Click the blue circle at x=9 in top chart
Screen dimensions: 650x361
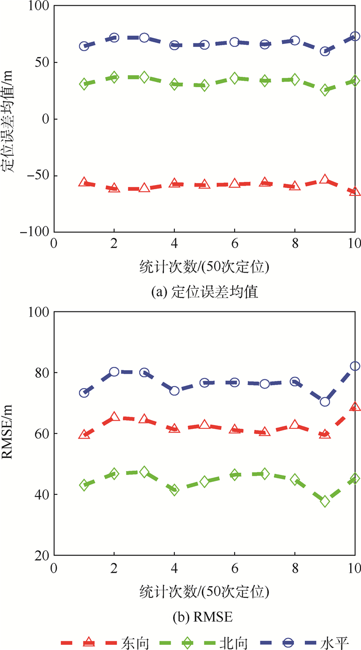tap(325, 51)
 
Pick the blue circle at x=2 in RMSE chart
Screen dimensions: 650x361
tap(114, 372)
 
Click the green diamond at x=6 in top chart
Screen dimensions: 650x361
tap(235, 78)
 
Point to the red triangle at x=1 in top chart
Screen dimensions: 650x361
tap(84, 182)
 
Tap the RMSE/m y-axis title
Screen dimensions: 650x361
tap(10, 434)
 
